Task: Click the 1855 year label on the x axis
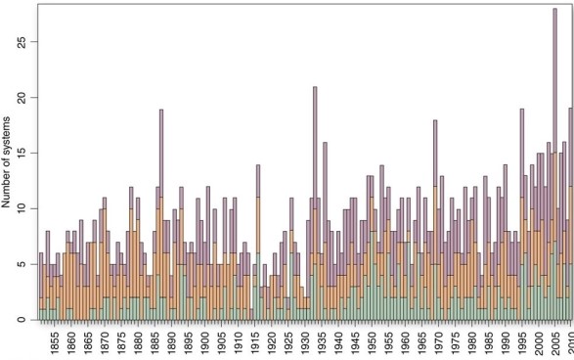click(57, 342)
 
